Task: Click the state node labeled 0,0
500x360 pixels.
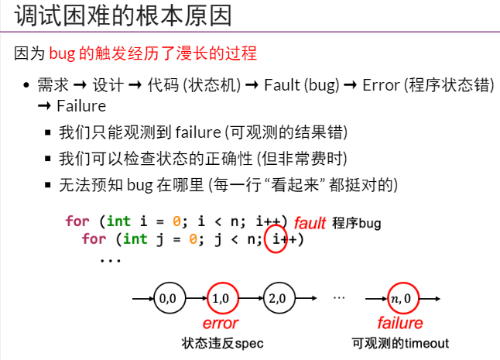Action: click(167, 297)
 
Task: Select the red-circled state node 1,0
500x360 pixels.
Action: click(221, 297)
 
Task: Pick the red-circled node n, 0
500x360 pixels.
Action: click(401, 297)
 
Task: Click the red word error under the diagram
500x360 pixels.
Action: click(221, 323)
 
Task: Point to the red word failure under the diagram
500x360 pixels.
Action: click(400, 323)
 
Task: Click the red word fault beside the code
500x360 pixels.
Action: click(310, 222)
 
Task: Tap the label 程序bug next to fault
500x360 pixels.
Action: click(357, 223)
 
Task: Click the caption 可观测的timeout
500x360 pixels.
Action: click(400, 342)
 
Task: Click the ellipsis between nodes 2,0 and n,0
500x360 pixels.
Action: click(338, 297)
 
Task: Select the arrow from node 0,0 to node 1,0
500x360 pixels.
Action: click(193, 297)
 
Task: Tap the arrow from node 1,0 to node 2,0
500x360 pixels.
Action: click(248, 297)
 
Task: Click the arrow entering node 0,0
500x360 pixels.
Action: click(142, 297)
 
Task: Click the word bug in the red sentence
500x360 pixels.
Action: click(60, 54)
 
